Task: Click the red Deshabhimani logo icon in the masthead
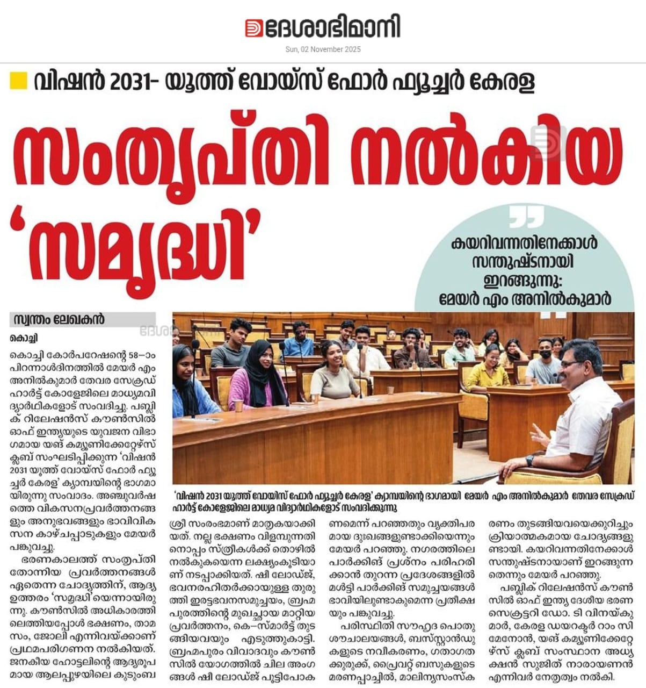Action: tap(254, 28)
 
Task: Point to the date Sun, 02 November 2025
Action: tap(323, 49)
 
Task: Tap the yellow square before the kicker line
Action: tap(19, 80)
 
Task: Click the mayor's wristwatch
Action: tap(530, 461)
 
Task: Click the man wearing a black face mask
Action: tap(543, 361)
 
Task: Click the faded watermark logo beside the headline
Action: tap(548, 143)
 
